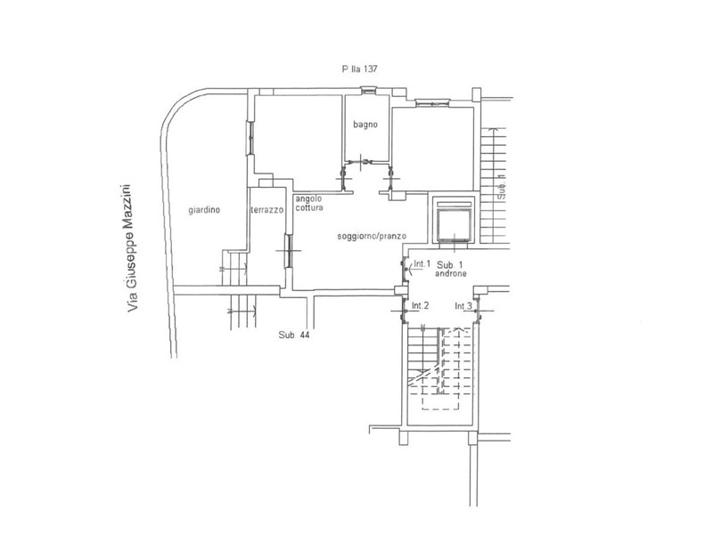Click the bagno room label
[365, 125]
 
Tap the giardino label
[204, 210]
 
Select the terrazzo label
[266, 210]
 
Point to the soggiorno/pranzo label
[372, 236]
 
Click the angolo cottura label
[309, 203]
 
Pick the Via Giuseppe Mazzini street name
[131, 247]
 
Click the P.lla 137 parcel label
[359, 69]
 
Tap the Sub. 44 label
[294, 336]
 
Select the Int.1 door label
[422, 263]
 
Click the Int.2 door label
[420, 305]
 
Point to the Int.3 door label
[463, 306]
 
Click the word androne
[451, 274]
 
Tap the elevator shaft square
[455, 221]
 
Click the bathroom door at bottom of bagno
[367, 161]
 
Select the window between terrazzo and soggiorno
[288, 250]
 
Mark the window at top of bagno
[369, 90]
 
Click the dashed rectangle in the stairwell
[448, 368]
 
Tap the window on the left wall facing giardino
[250, 138]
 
